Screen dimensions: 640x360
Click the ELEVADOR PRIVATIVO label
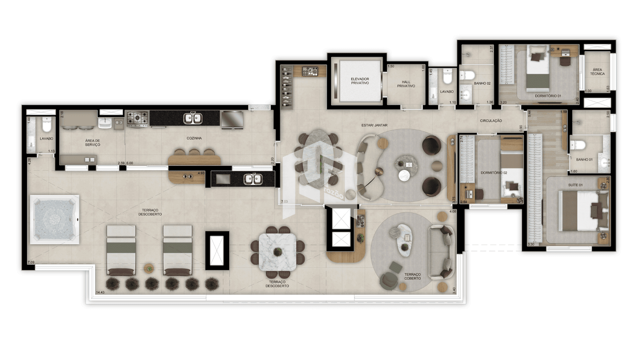[360, 81]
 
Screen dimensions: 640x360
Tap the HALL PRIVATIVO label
[406, 84]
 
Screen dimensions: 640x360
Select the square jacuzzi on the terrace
[55, 219]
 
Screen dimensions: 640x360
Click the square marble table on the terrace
[277, 252]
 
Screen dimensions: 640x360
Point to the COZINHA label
[194, 138]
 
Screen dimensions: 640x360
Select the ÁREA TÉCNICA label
[597, 72]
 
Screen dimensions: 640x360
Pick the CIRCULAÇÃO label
[491, 121]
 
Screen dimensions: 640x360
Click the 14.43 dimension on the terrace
[100, 292]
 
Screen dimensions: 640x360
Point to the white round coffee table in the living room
[404, 176]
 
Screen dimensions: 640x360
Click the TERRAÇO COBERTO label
[413, 276]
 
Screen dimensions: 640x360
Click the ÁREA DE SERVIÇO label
[92, 143]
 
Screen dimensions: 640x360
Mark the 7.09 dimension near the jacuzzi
[31, 262]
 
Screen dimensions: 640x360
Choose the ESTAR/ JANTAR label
[374, 125]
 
